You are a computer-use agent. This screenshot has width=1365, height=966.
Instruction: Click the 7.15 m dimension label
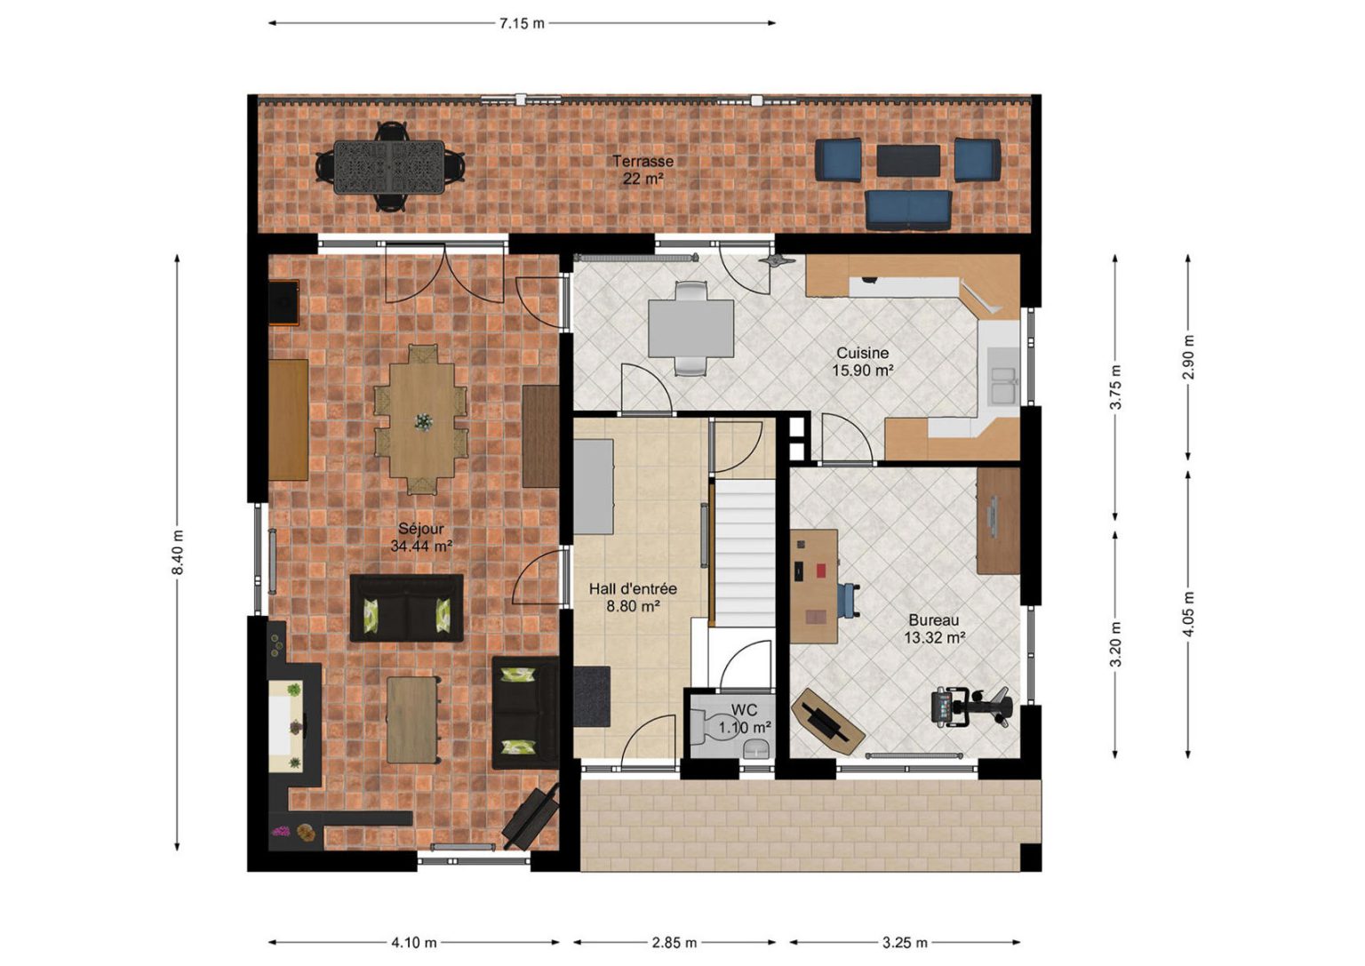pyautogui.click(x=522, y=24)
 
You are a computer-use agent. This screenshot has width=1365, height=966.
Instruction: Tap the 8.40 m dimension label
pyautogui.click(x=178, y=552)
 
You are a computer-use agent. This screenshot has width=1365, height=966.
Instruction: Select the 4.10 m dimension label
pyautogui.click(x=414, y=943)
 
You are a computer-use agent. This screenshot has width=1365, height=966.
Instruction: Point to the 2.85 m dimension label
pyautogui.click(x=674, y=943)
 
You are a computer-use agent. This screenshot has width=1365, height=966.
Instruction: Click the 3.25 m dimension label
pyautogui.click(x=905, y=943)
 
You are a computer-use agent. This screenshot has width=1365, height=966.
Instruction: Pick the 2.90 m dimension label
pyautogui.click(x=1188, y=357)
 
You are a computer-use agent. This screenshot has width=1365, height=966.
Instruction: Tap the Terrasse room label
pyautogui.click(x=643, y=162)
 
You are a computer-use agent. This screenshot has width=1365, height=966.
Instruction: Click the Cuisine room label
pyautogui.click(x=862, y=353)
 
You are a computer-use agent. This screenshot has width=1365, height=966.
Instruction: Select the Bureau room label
pyautogui.click(x=934, y=620)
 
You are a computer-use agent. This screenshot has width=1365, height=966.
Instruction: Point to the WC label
pyautogui.click(x=744, y=710)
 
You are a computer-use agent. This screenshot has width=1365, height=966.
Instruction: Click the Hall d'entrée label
pyautogui.click(x=633, y=589)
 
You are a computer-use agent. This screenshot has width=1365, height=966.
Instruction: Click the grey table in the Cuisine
pyautogui.click(x=690, y=329)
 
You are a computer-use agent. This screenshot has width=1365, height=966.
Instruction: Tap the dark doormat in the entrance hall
pyautogui.click(x=592, y=697)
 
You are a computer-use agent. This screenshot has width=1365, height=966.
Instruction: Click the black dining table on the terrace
pyautogui.click(x=389, y=167)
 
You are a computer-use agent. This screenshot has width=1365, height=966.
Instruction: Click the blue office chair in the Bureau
pyautogui.click(x=849, y=601)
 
